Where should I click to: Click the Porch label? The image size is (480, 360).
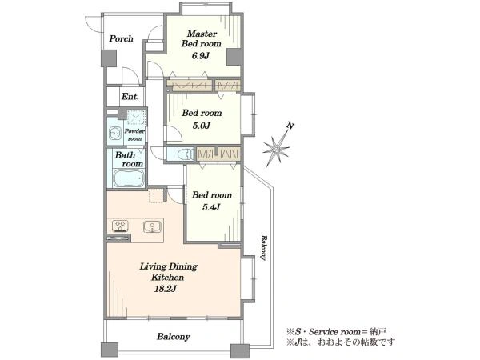(122, 39)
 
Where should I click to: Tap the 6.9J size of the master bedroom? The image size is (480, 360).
(201, 56)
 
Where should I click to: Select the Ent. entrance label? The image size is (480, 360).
(130, 97)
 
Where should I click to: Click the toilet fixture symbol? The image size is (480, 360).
(186, 154)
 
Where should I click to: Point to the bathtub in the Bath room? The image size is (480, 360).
(129, 178)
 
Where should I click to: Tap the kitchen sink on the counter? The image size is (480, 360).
(151, 226)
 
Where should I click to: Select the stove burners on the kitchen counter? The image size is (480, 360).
(121, 226)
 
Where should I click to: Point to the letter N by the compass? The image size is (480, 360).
(290, 126)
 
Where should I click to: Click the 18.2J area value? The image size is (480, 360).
(166, 289)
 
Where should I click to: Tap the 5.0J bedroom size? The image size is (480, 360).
(201, 126)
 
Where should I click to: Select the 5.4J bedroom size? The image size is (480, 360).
(211, 207)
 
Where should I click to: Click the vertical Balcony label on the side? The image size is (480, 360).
(263, 247)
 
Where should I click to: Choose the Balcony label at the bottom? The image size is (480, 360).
(174, 337)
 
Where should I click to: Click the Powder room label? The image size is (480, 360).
(134, 134)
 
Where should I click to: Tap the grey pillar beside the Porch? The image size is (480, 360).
(109, 58)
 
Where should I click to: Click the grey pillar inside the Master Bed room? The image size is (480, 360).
(234, 57)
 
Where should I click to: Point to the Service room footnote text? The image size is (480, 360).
(336, 332)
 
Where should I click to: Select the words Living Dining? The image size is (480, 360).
(168, 266)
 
